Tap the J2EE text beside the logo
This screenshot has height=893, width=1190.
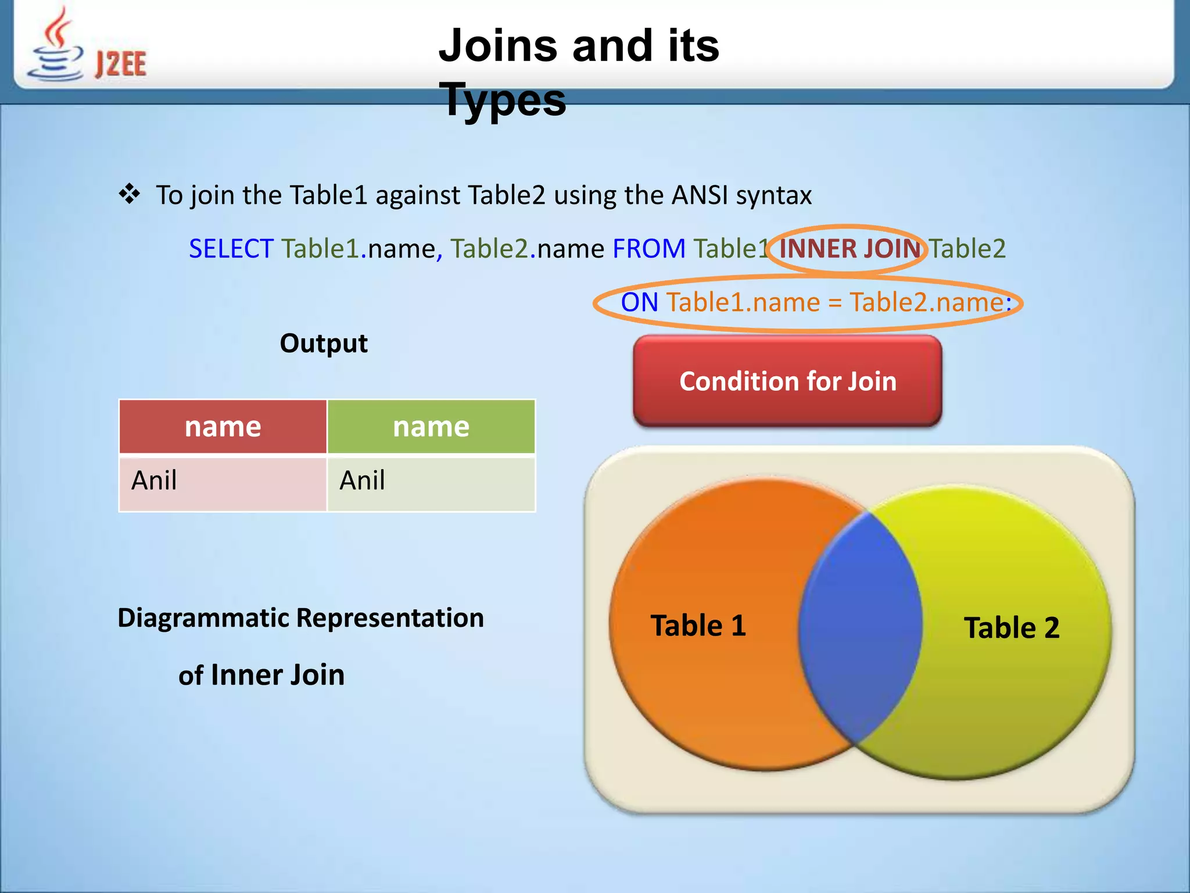pyautogui.click(x=121, y=64)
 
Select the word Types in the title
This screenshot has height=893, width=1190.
pyautogui.click(x=502, y=99)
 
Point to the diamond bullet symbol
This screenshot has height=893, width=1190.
pyautogui.click(x=129, y=194)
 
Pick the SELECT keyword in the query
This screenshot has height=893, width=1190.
pyautogui.click(x=231, y=249)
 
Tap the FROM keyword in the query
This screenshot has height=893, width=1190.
pyautogui.click(x=648, y=249)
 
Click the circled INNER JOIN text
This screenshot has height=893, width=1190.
pyautogui.click(x=849, y=249)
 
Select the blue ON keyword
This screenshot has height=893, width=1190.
pyautogui.click(x=639, y=302)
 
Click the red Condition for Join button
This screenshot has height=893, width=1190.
pyautogui.click(x=787, y=381)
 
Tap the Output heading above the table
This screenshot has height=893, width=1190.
pyautogui.click(x=324, y=343)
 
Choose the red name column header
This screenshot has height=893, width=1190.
pyautogui.click(x=223, y=427)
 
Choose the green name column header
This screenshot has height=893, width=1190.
pyautogui.click(x=431, y=427)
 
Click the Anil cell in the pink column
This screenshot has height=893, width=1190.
pyautogui.click(x=154, y=481)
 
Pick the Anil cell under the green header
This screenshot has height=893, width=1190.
pyautogui.click(x=362, y=481)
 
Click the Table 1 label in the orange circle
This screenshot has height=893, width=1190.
pyautogui.click(x=698, y=626)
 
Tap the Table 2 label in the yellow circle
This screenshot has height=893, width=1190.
pyautogui.click(x=1012, y=628)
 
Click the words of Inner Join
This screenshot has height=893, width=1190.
pyautogui.click(x=261, y=675)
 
